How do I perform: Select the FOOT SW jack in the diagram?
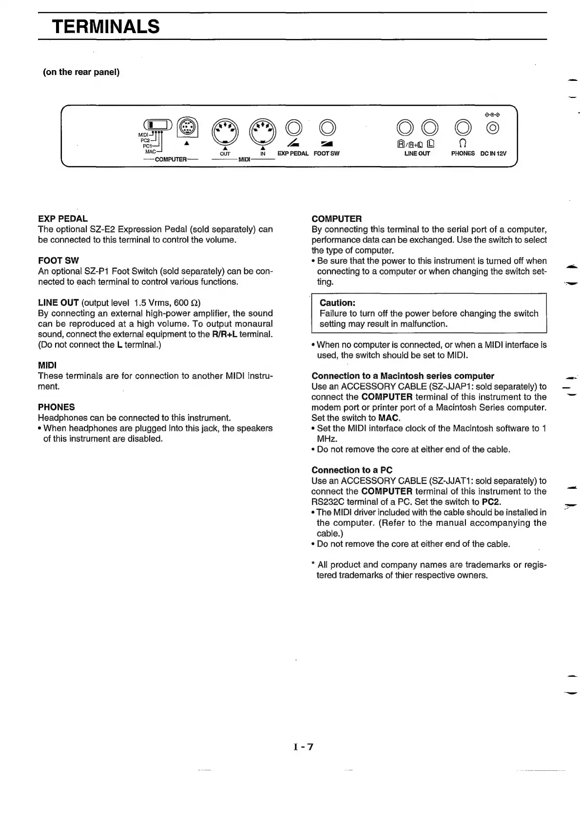(x=327, y=128)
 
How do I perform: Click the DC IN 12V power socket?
(x=493, y=128)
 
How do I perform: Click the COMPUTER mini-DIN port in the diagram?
(x=187, y=127)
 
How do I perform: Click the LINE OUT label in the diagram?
(x=417, y=153)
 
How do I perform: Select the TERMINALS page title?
(x=106, y=26)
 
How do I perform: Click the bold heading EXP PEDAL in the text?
(x=63, y=219)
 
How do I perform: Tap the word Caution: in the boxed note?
(x=337, y=303)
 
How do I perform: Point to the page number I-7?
(x=304, y=746)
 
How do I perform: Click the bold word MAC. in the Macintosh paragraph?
(x=389, y=418)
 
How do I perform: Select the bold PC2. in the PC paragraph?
(x=491, y=502)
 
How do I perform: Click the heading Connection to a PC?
(x=352, y=470)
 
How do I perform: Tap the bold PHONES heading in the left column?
(x=57, y=407)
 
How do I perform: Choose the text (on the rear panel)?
(x=81, y=72)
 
